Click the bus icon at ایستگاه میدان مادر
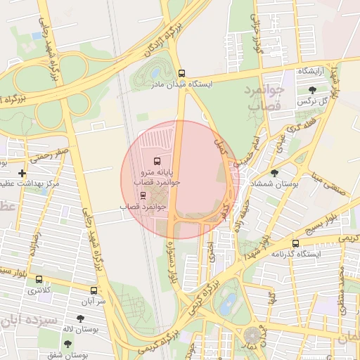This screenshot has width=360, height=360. coord(182,73)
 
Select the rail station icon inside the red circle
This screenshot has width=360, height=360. coord(143,195)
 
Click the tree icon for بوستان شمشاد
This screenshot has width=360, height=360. coord(274,173)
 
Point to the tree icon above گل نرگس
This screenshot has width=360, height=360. coord(312,89)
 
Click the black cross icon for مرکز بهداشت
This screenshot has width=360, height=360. coord(22,173)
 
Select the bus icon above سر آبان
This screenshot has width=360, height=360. coord(94,290)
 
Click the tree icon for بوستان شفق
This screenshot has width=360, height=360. coord(67,344)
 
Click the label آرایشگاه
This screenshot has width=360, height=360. coord(313,72)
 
